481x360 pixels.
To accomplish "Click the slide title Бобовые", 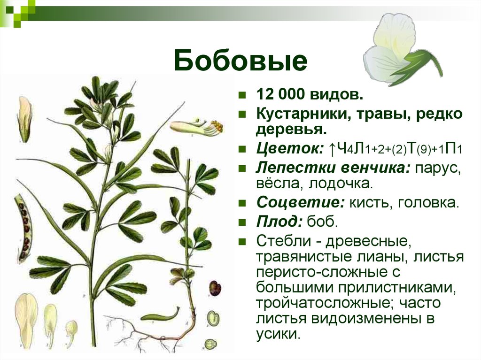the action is (x=240, y=61).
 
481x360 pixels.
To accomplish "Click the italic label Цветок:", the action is (x=290, y=149).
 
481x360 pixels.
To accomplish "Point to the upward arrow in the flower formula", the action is (x=332, y=149).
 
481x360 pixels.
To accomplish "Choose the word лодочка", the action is (x=341, y=184).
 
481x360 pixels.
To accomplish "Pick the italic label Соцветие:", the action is (x=301, y=202).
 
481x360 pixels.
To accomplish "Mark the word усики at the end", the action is (x=277, y=334).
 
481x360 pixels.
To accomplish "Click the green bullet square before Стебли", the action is (x=242, y=242).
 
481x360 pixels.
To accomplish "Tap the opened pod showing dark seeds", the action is (x=23, y=227).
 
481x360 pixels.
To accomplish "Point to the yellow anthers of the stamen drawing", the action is (x=217, y=126).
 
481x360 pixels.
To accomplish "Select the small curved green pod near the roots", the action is (x=160, y=315).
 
